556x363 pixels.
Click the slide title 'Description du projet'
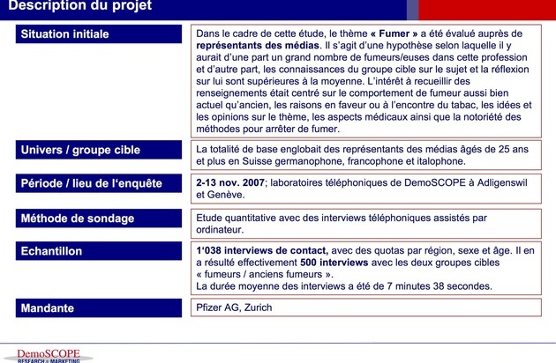pyautogui.click(x=79, y=7)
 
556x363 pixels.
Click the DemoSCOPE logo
pyautogui.click(x=49, y=355)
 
